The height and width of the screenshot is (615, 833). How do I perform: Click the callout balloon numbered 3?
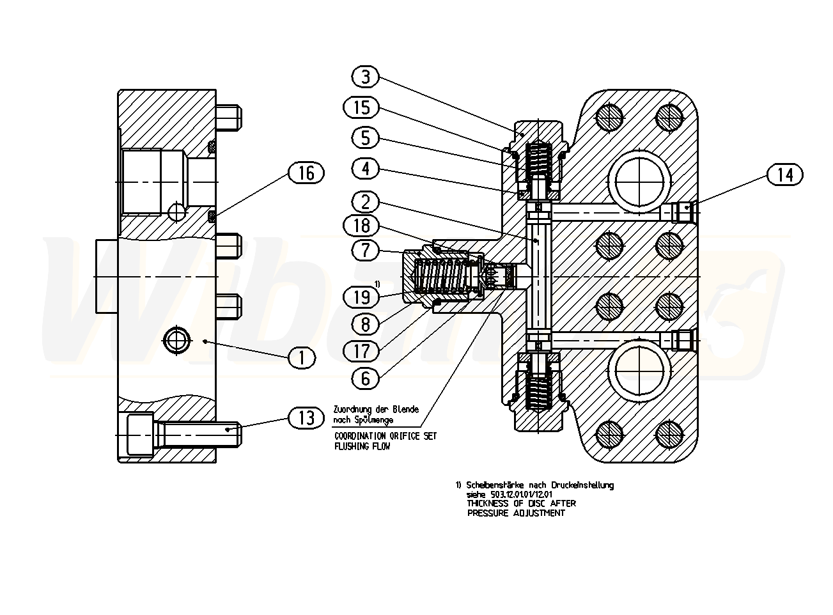tap(365, 77)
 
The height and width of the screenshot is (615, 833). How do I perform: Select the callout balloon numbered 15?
tap(361, 107)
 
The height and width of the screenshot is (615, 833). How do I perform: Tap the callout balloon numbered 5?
tap(365, 138)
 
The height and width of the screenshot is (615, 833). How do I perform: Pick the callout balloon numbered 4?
tap(365, 169)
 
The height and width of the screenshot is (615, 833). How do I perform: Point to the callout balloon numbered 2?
tap(365, 203)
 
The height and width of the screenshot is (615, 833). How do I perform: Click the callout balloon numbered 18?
tap(361, 226)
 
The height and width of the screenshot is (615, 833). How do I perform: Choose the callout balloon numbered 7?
tap(365, 250)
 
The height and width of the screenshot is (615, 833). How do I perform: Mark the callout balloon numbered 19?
tap(361, 297)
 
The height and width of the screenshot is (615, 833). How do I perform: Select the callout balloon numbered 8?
tap(365, 324)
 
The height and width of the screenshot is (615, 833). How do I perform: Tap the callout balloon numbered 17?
tap(361, 350)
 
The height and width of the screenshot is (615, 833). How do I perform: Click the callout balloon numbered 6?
tap(365, 378)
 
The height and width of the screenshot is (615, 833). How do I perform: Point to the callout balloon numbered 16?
tap(306, 173)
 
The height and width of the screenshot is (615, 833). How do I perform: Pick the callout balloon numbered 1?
tap(302, 358)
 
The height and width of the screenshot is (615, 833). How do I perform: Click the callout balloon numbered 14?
tap(784, 175)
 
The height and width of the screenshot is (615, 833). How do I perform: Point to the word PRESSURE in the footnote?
tap(488, 513)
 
